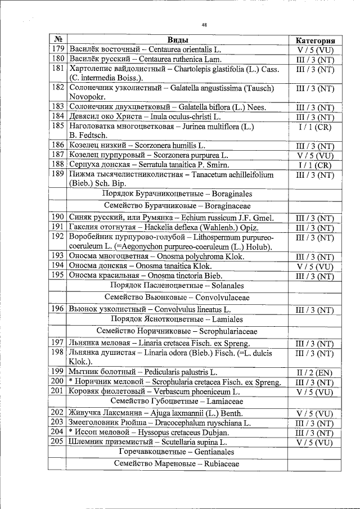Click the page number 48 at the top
(x=204, y=25)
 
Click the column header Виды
(x=177, y=40)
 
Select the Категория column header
(x=315, y=40)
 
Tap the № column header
(x=57, y=40)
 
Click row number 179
(x=57, y=49)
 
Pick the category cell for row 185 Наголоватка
(x=315, y=127)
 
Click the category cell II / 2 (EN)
(x=315, y=372)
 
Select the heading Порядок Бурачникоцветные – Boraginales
(x=177, y=194)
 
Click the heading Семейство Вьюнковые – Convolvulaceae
(x=177, y=298)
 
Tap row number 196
(x=57, y=309)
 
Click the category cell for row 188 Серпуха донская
(x=315, y=165)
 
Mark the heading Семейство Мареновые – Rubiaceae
(x=177, y=464)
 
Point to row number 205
(x=57, y=442)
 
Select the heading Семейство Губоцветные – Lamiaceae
(x=177, y=402)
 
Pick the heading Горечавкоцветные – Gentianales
(x=177, y=452)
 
